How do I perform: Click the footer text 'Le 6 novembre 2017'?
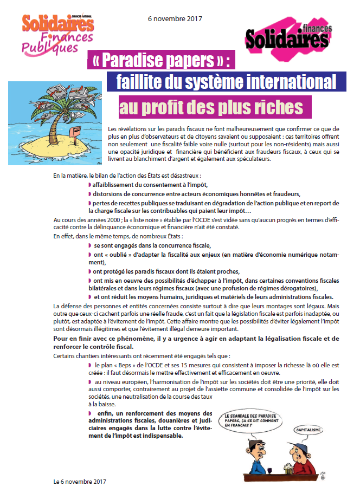80,482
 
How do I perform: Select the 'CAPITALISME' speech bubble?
307,430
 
